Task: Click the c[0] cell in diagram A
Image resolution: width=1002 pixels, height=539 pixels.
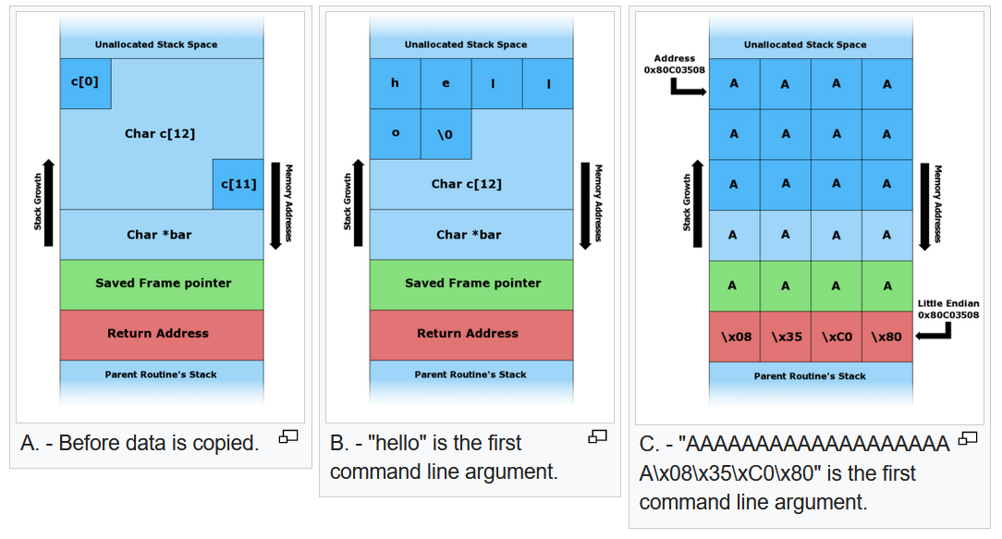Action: [85, 83]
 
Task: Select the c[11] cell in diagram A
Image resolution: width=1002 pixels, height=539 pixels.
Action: [238, 184]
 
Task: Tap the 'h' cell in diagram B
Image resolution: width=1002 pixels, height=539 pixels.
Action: [395, 83]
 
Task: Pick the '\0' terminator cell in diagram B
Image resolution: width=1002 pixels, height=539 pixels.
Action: [445, 134]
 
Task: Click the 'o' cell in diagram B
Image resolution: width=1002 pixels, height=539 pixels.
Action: [395, 134]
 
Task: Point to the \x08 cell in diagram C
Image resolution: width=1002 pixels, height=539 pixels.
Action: [735, 337]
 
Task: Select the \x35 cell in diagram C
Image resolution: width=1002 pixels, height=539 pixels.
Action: [786, 337]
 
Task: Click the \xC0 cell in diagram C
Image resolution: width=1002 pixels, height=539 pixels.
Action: [837, 337]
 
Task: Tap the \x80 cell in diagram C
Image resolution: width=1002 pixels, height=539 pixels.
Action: [886, 337]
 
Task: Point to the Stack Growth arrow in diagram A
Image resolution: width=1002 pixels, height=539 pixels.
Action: [49, 203]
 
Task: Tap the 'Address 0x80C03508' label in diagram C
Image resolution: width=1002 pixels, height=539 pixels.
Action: [674, 64]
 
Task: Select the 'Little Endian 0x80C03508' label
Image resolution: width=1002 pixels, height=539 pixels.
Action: [947, 309]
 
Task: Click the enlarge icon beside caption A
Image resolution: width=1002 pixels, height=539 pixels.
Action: [288, 436]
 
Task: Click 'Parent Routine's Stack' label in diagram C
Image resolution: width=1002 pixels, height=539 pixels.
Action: [810, 376]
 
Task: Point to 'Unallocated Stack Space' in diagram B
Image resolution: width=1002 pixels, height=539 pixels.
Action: [466, 44]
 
